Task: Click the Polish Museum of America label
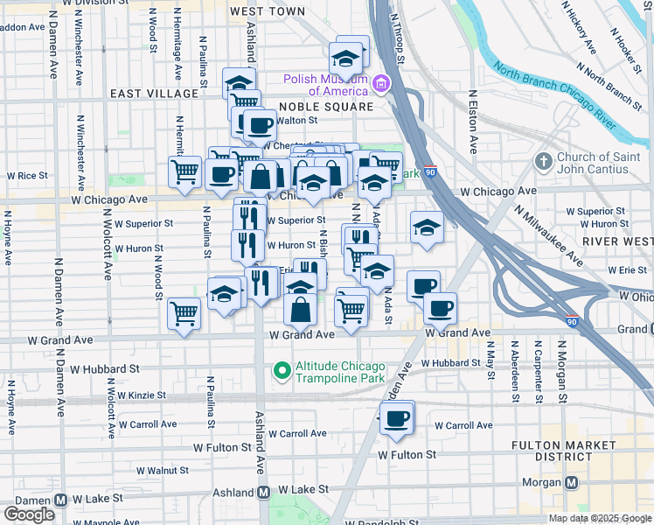point(324,85)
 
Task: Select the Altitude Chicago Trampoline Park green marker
point(282,371)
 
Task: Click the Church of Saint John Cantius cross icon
point(544,160)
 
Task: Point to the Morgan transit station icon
point(572,482)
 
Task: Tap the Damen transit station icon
point(61,500)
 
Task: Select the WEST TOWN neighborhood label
point(268,12)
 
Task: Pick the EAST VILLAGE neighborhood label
point(154,94)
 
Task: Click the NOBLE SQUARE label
point(325,107)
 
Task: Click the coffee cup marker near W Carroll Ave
point(397,417)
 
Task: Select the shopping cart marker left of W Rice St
point(184,172)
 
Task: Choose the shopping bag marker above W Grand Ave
point(301,309)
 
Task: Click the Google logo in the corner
point(29,514)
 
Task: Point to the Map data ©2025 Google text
point(600,518)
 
